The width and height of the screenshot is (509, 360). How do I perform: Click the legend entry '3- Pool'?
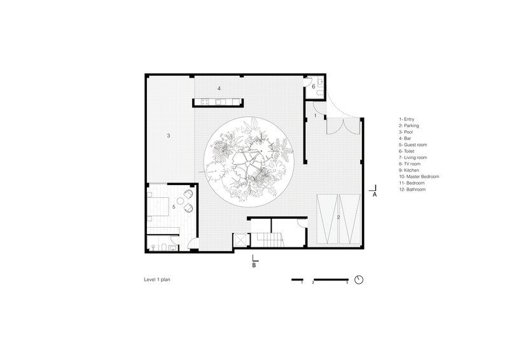(406, 132)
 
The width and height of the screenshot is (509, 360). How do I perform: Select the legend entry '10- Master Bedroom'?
(419, 177)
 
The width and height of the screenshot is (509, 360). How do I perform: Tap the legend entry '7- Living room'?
(413, 158)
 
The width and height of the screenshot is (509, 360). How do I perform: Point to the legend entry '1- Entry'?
(407, 119)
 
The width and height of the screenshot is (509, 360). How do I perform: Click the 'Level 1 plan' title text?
(157, 279)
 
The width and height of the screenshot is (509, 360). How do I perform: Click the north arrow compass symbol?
(359, 280)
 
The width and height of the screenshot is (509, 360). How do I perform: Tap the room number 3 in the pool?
(169, 135)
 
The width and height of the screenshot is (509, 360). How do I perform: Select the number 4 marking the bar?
(219, 88)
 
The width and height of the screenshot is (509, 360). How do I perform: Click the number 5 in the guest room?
(174, 207)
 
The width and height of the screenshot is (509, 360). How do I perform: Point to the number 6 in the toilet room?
(314, 87)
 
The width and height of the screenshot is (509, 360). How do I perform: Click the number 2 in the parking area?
(338, 217)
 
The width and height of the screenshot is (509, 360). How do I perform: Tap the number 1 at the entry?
(315, 116)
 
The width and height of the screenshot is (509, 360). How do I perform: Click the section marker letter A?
(374, 195)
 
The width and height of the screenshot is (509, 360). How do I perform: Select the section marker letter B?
(254, 265)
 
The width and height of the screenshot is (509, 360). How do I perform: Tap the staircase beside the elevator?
(267, 240)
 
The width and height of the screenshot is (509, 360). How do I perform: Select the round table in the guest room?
(180, 201)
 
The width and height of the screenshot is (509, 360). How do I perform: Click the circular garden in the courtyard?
(249, 162)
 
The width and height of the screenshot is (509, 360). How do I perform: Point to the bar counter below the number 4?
(218, 102)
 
